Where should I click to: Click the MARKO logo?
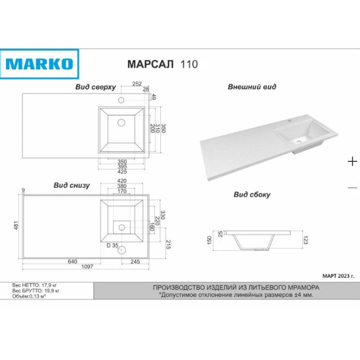pos(39,64)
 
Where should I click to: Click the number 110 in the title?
pos(189,64)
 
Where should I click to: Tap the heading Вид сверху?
pos(95,87)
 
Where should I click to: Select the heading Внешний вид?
pos(252,87)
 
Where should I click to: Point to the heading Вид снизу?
pos(71,185)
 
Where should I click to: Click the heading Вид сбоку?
pos(252,195)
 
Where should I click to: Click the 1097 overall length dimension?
pos(87,267)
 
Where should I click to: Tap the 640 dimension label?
pos(73,261)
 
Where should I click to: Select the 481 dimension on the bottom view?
pos(16,226)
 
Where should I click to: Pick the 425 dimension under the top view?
pos(122,172)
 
